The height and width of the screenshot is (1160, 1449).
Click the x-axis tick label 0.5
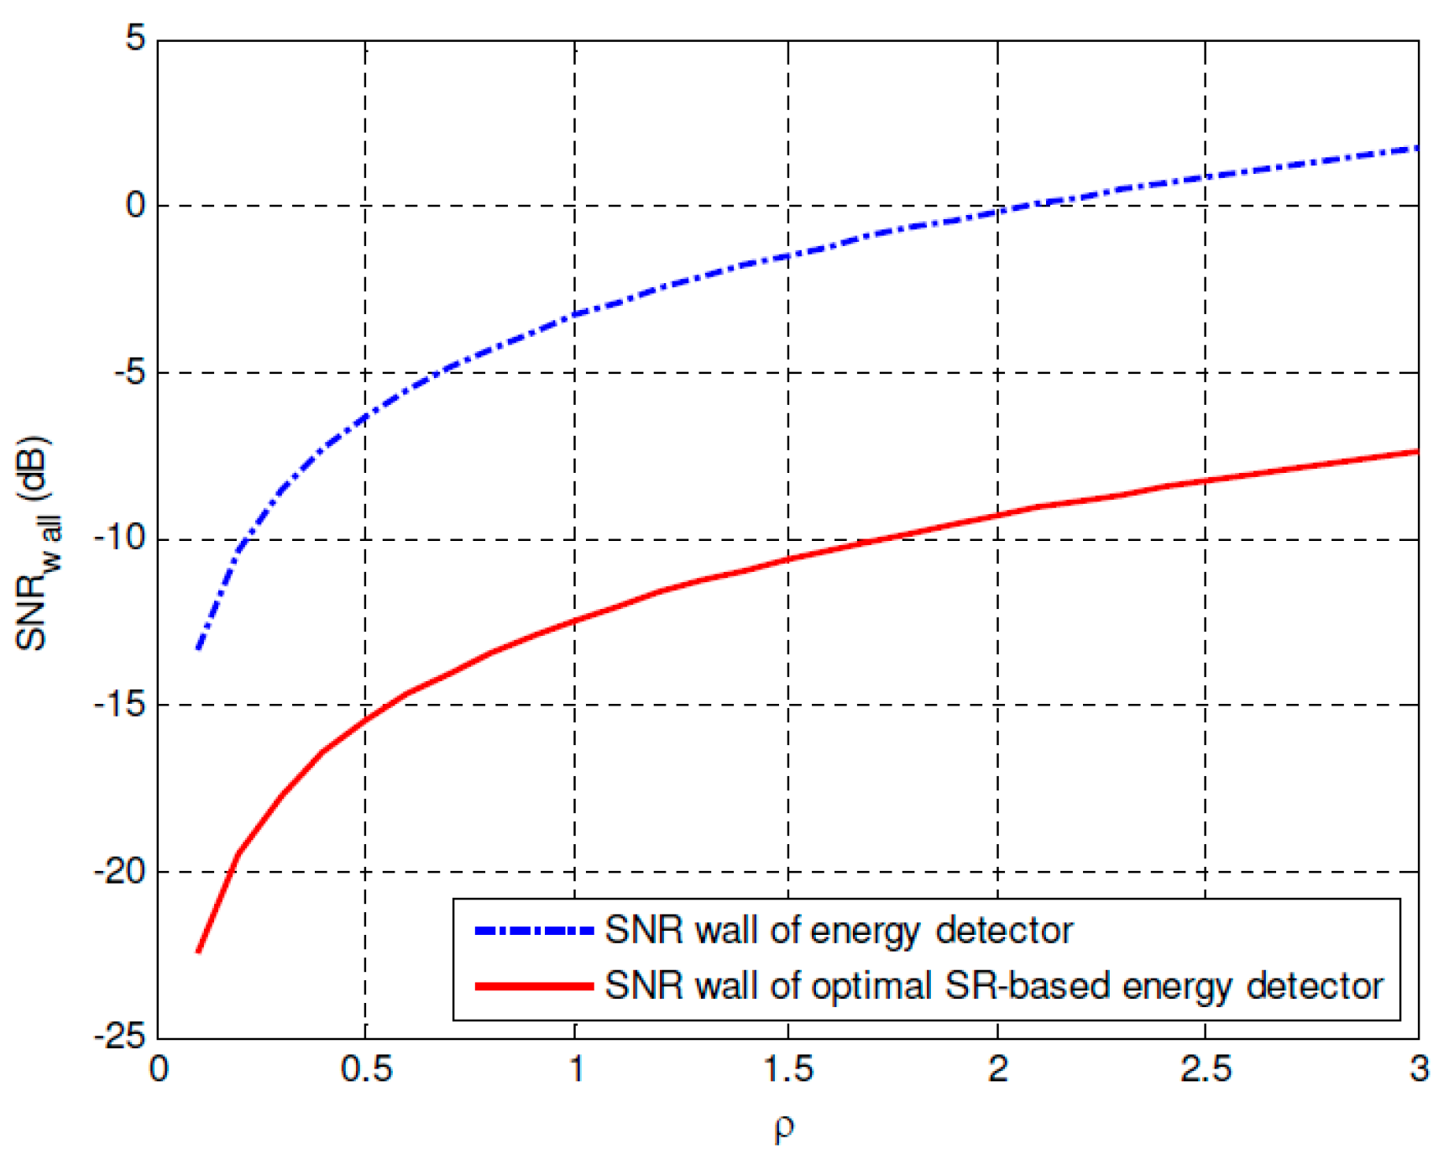point(366,1070)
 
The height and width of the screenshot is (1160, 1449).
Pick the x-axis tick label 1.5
point(788,1070)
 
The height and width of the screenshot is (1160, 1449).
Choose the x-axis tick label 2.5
point(1206,1070)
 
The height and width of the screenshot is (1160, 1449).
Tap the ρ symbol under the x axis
point(783,1128)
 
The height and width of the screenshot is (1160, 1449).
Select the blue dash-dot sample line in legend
point(534,931)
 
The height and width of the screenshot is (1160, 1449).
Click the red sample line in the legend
point(534,986)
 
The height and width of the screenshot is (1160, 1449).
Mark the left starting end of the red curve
point(198,952)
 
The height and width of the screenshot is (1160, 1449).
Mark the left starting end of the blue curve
point(198,648)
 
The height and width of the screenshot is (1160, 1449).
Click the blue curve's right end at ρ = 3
point(1418,148)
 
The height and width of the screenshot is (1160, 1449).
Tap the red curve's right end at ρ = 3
point(1418,452)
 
